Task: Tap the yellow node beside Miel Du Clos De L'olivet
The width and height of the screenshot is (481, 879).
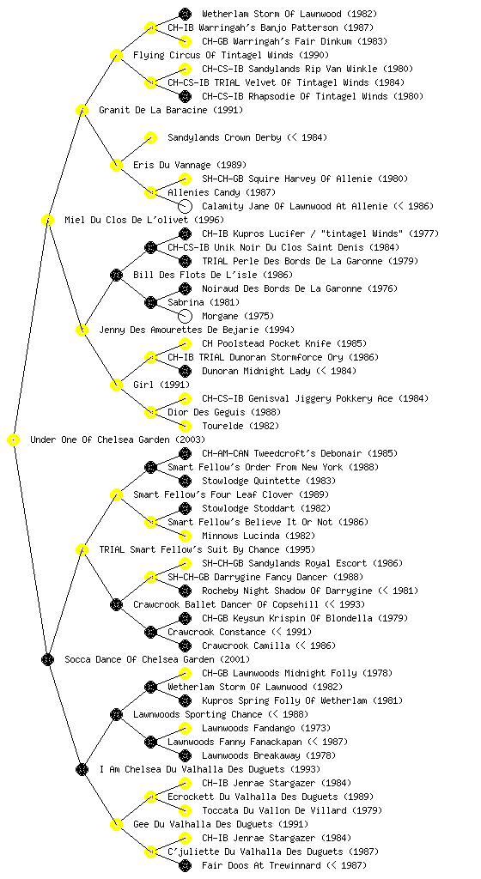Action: click(47, 220)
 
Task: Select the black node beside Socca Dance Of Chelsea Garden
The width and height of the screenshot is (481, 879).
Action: click(47, 659)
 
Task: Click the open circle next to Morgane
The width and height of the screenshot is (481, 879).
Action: click(185, 316)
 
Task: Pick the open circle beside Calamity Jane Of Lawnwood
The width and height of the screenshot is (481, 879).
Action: click(185, 206)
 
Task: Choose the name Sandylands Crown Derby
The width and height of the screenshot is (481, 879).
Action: click(224, 137)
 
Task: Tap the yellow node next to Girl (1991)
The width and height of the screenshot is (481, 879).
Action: click(116, 385)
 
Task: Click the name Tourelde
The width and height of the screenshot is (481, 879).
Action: click(222, 426)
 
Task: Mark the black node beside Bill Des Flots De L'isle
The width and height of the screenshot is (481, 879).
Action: click(116, 275)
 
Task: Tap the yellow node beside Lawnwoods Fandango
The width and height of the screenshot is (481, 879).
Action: click(185, 728)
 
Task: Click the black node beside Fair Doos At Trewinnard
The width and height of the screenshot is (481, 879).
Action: click(185, 865)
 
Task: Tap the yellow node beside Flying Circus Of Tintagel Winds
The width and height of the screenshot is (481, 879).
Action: click(116, 55)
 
